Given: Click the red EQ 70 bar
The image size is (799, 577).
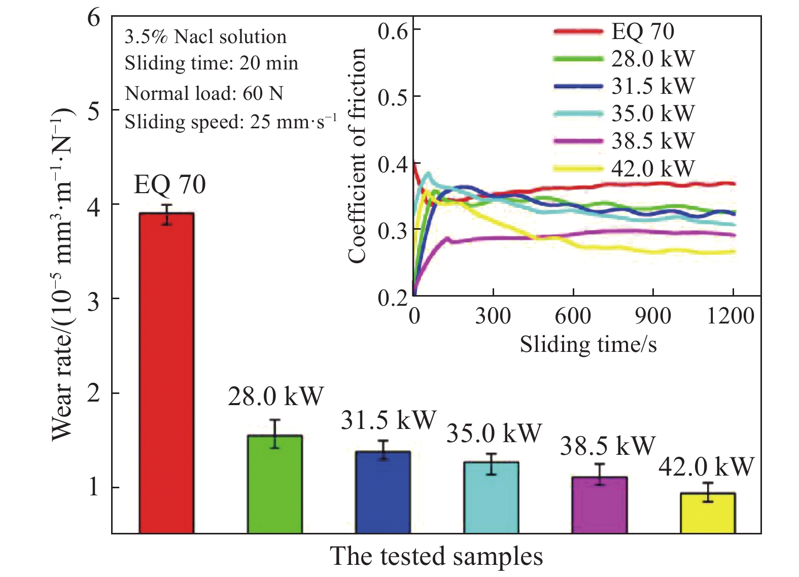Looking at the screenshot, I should pos(166,373).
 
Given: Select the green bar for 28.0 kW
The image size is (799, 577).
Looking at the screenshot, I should pos(275,484).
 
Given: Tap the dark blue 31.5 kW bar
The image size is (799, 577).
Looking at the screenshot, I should pos(383,492).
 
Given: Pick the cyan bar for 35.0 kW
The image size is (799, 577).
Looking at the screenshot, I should pos(491,497).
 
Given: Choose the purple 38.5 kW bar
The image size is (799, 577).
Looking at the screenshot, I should pos(600,504).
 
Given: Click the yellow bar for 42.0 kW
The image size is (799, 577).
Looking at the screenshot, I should pos(708,513).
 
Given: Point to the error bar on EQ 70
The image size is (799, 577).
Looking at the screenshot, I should pos(166,214).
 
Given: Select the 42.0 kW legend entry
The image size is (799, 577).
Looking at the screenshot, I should pos(624,168).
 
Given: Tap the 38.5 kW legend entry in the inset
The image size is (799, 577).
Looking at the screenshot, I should pos(624,140).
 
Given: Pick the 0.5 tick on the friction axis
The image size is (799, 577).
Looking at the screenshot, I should pos(393,97).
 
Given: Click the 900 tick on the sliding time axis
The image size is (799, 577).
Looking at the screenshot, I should pos(652,315).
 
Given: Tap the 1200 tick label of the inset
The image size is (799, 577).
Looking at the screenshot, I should pos(731,315).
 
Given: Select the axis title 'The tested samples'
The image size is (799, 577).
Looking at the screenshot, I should pos(436,556).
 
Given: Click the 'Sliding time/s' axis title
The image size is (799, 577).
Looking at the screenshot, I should pos(588,344).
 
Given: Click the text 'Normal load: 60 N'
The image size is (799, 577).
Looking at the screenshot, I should pos(204,93).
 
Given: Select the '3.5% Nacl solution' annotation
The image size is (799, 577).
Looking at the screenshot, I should pos(205,37).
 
